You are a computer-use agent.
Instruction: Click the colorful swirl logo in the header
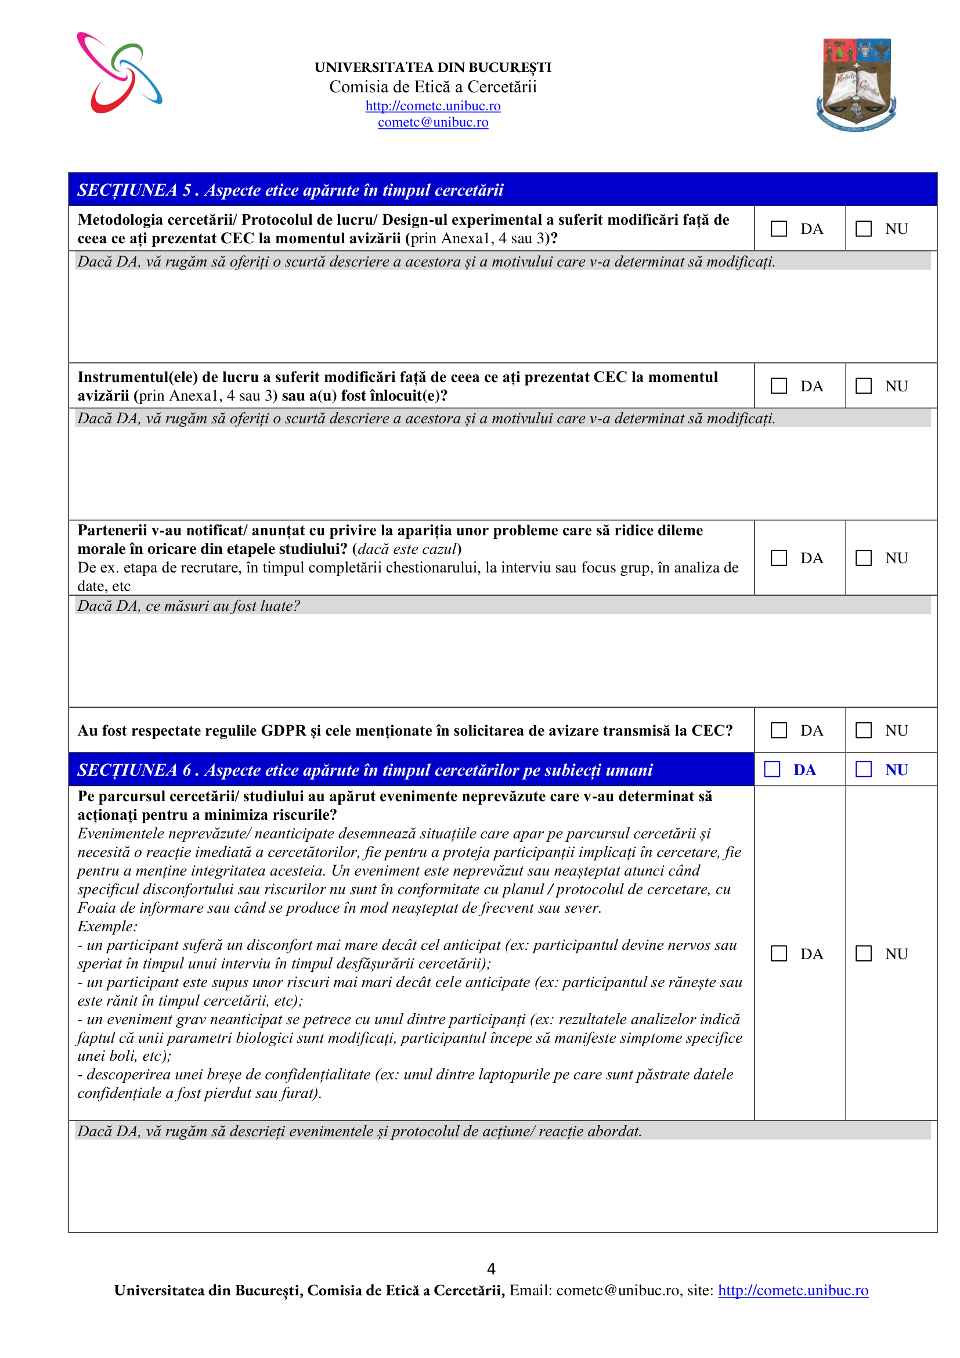[120, 73]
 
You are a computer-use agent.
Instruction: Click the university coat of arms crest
[856, 84]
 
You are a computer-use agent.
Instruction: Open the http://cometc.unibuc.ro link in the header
[433, 106]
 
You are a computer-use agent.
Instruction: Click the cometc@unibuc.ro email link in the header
[433, 123]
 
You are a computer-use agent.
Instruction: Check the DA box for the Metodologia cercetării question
[778, 229]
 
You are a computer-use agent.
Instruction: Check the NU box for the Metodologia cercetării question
[864, 229]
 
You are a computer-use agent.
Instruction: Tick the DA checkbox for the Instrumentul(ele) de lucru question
[778, 386]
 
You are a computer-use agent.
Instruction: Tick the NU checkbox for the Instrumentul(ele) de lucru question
[864, 386]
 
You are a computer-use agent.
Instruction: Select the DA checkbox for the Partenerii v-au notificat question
[778, 559]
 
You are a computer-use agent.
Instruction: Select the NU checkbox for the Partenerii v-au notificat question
[864, 559]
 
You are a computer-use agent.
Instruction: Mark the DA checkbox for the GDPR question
[778, 730]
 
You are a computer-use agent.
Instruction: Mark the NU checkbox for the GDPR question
[864, 730]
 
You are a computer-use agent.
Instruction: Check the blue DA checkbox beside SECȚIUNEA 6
[772, 769]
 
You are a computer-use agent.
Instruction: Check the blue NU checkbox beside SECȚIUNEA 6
[864, 769]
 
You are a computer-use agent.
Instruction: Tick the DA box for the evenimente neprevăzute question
[778, 953]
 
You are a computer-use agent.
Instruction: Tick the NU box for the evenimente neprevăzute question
[864, 953]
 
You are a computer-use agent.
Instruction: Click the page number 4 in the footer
[490, 1269]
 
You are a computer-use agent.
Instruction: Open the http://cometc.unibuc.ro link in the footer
[793, 1291]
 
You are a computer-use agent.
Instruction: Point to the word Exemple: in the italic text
[107, 927]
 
